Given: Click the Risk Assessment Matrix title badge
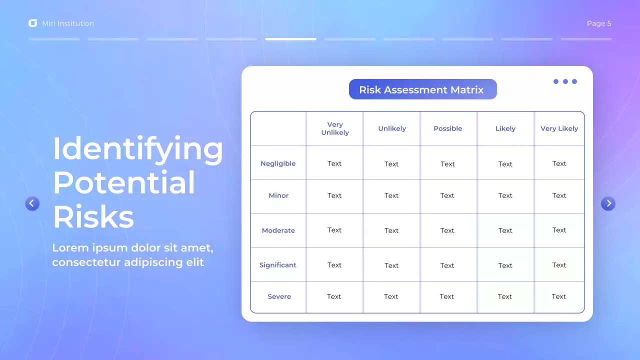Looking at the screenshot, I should pyautogui.click(x=422, y=89).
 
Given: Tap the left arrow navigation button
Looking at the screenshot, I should pyautogui.click(x=32, y=203).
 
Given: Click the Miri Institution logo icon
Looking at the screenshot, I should pyautogui.click(x=33, y=23).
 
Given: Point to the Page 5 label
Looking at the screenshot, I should pyautogui.click(x=598, y=23).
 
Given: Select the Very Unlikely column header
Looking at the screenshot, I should pyautogui.click(x=335, y=128).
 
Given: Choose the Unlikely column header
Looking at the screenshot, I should pyautogui.click(x=392, y=128).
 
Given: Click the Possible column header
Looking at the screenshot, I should pyautogui.click(x=447, y=128).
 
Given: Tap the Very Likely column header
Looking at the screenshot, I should pyautogui.click(x=559, y=128).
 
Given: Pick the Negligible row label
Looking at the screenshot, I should pyautogui.click(x=278, y=163).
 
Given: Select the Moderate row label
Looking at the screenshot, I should pyautogui.click(x=278, y=230).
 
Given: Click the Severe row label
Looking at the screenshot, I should pyautogui.click(x=279, y=296).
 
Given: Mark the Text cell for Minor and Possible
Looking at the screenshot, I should pyautogui.click(x=447, y=195).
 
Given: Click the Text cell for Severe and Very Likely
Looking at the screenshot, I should pyautogui.click(x=558, y=296).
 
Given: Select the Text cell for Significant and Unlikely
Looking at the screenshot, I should pyautogui.click(x=391, y=265).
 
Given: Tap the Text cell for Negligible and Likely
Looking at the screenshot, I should pyautogui.click(x=505, y=164).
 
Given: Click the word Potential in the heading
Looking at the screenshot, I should pyautogui.click(x=124, y=182).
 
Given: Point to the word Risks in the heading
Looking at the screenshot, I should pyautogui.click(x=93, y=217).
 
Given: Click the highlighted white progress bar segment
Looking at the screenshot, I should pyautogui.click(x=290, y=39).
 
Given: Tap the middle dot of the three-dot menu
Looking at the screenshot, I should pyautogui.click(x=565, y=81).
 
